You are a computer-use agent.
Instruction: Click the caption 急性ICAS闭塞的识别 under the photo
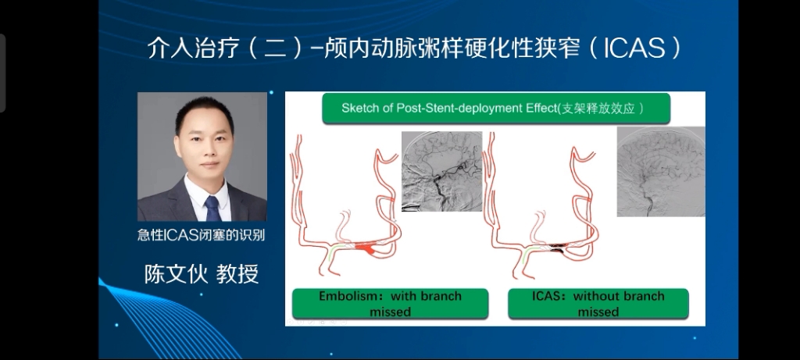click(x=202, y=235)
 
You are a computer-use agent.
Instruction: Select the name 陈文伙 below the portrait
click(x=176, y=274)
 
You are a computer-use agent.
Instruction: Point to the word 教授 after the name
click(x=237, y=274)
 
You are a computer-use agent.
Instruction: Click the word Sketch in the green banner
click(x=357, y=108)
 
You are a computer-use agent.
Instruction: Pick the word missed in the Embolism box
click(x=391, y=312)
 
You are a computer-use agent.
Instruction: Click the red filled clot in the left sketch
click(x=366, y=249)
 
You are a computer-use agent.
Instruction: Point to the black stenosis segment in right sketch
click(x=557, y=248)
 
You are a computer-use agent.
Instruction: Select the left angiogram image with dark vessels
click(x=442, y=171)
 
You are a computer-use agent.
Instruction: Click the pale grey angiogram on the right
click(x=661, y=171)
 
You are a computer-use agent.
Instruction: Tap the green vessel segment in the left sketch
click(x=333, y=251)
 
